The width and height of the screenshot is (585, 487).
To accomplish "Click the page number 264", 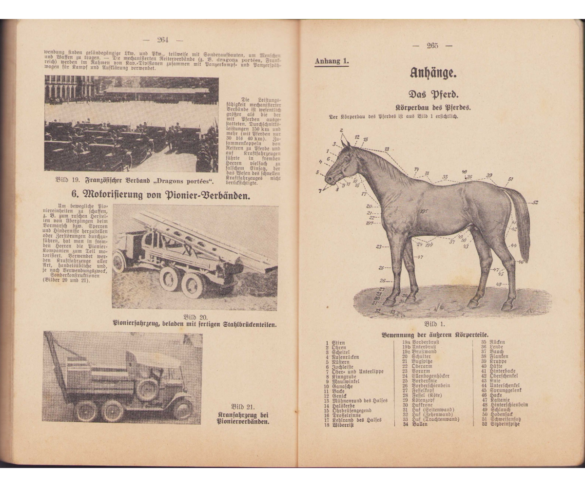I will coord(162,40).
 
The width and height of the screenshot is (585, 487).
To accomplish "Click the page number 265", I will coord(432,46).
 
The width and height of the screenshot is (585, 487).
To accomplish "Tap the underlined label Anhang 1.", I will coord(332,61).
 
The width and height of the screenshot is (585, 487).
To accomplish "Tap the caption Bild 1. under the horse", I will coord(434,323).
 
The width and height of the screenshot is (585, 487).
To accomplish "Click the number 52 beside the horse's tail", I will coord(535,202).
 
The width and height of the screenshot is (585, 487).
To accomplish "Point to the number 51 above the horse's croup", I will coord(510,179).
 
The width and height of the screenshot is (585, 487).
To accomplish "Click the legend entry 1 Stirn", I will coord(335,342).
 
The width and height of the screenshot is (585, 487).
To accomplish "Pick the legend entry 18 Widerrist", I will coord(337,424).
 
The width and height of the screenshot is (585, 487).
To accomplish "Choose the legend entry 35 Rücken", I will coord(492,342).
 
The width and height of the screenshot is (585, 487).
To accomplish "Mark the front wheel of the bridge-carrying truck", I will coord(119,263).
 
